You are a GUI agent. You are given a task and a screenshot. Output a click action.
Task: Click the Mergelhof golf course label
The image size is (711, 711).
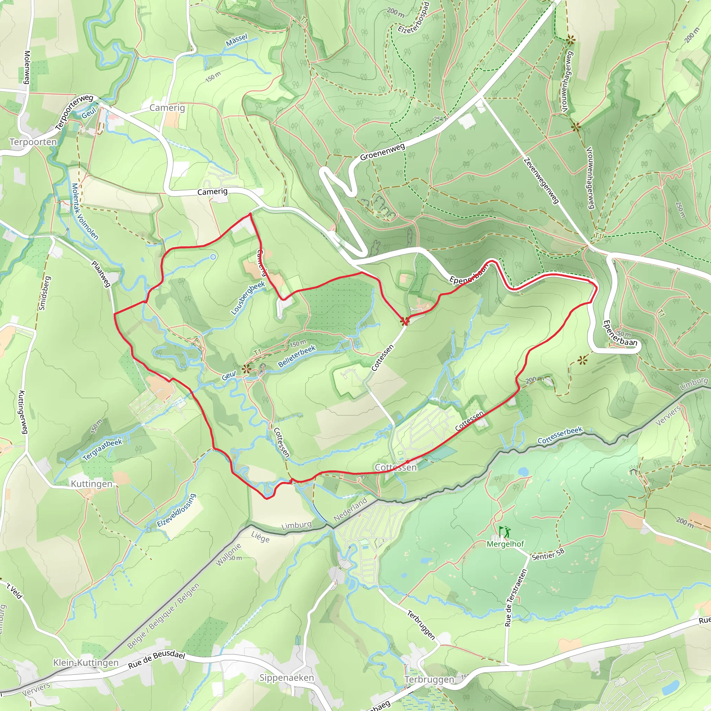point(505,544)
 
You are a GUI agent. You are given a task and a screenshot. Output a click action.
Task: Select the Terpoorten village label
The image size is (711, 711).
point(33,142)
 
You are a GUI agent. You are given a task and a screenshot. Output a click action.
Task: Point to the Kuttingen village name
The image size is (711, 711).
point(91,484)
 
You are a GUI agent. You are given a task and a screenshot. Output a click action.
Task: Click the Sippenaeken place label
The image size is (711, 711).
point(287,678)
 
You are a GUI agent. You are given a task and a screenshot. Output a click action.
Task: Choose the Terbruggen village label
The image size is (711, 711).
point(429,679)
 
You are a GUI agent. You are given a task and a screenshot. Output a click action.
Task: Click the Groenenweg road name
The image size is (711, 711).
point(382,152)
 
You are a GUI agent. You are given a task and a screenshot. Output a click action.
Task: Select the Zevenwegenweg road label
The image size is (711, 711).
point(541,181)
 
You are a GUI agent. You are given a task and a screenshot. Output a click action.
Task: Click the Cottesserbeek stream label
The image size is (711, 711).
point(560,435)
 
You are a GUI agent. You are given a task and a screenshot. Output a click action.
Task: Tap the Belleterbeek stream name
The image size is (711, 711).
point(296,356)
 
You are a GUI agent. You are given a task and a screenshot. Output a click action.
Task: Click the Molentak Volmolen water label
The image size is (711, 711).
point(85,212)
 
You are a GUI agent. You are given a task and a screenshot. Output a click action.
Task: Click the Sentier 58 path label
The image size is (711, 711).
point(548,554)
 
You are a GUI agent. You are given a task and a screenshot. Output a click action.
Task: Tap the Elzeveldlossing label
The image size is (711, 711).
point(176,510)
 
